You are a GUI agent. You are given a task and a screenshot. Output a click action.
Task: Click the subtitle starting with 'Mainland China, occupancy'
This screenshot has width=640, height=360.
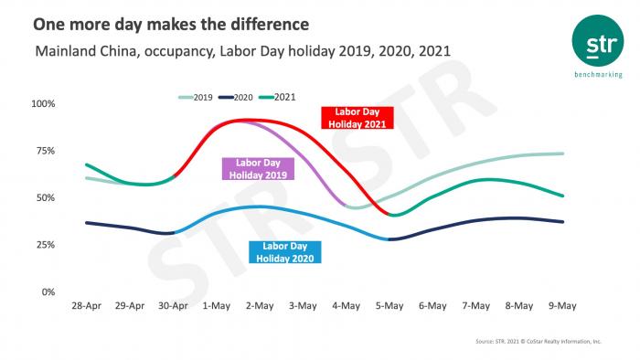241,51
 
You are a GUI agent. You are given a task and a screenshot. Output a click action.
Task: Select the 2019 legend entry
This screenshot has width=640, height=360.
197,96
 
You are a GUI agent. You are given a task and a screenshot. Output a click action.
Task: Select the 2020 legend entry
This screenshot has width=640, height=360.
239,96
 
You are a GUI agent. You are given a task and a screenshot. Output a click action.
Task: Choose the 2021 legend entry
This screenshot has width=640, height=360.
282,96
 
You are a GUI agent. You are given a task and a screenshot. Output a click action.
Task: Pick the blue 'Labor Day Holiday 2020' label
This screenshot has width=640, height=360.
284,250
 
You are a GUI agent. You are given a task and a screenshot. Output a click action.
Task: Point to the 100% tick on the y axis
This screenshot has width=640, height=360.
43,104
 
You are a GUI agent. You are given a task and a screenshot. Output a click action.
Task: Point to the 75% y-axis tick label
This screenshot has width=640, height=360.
46,151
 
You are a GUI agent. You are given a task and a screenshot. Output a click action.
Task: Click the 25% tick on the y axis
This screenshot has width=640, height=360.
46,245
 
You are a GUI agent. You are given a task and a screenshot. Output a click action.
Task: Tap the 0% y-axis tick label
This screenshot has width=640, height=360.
48,292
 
